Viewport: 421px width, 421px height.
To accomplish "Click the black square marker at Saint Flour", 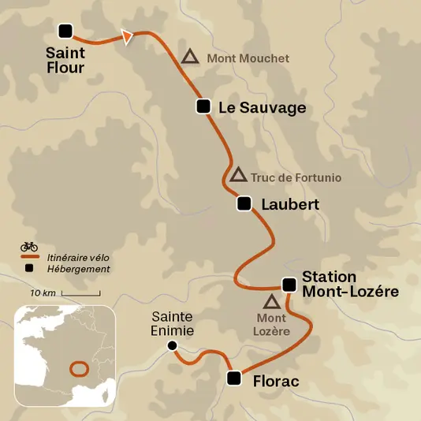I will (65, 31).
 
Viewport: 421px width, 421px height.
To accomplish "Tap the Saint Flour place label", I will (65, 61).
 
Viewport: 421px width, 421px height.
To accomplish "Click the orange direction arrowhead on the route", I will (126, 36).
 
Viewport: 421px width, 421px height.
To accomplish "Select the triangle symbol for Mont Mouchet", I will (189, 57).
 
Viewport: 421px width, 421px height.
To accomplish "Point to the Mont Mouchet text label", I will (248, 58).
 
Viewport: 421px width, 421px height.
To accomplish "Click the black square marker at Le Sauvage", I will (203, 106).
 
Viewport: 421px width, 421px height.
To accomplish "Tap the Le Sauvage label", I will (262, 108).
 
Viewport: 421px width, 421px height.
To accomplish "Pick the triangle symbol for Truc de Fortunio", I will (238, 175).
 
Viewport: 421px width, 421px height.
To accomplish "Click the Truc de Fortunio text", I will (296, 178).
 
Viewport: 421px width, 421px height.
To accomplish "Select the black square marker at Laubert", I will (244, 203).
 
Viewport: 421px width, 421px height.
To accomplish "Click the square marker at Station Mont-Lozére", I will (289, 285).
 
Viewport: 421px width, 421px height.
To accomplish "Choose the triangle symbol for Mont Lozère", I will (272, 301).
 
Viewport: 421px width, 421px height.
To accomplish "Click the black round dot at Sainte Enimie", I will (172, 345).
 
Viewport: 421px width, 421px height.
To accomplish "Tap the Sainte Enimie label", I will (173, 323).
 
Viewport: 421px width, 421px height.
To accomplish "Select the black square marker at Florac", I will (233, 378).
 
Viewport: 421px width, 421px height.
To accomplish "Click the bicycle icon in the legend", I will (29, 246).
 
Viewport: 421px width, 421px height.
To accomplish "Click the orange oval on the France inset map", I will (79, 368).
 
